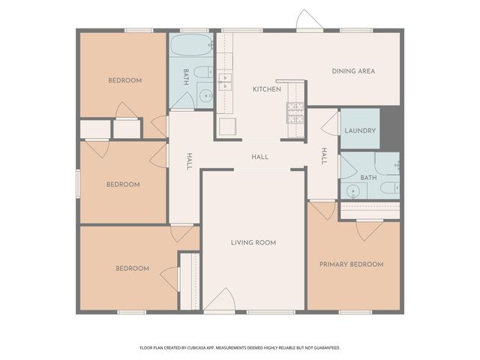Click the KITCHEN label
(x=266, y=89)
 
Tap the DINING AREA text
(x=353, y=71)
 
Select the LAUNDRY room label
(x=360, y=130)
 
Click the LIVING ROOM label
(x=253, y=242)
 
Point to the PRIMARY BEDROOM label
(x=351, y=264)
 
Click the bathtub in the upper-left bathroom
(x=192, y=45)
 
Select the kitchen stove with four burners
(x=295, y=112)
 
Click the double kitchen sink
(x=224, y=77)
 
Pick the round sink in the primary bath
(x=353, y=190)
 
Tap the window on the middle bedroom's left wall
(x=78, y=182)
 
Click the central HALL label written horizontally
(x=259, y=157)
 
